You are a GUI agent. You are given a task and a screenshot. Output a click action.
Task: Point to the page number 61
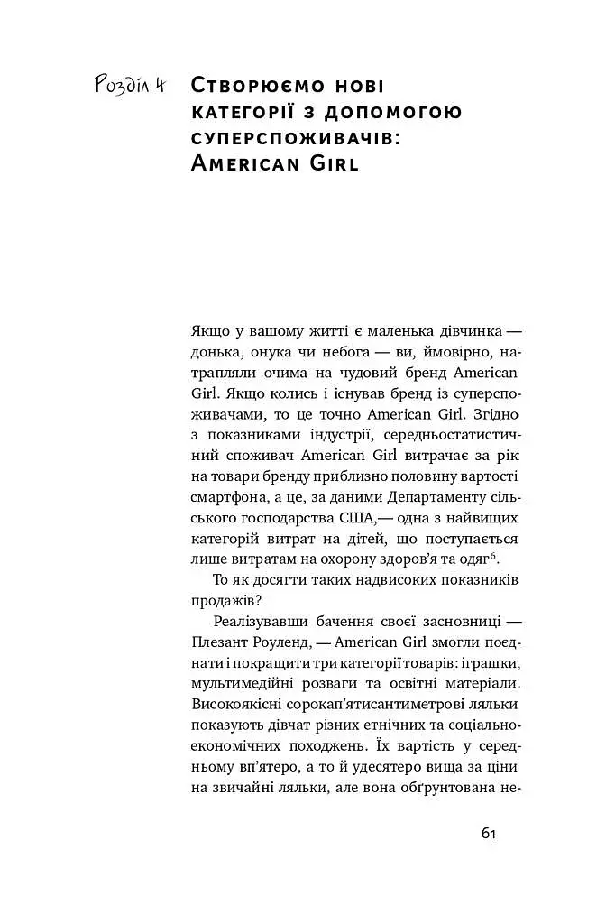click(x=488, y=833)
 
